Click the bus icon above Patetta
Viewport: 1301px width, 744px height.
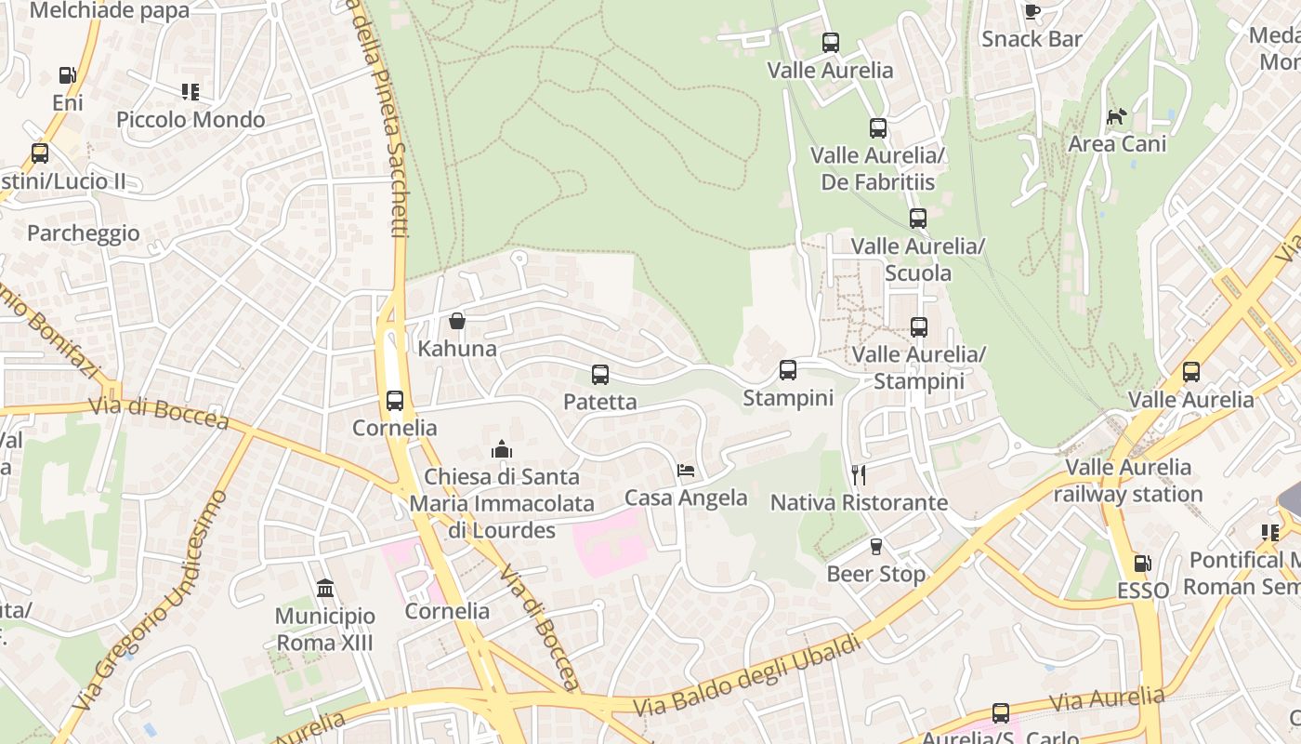(600, 375)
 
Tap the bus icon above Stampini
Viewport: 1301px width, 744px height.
(788, 370)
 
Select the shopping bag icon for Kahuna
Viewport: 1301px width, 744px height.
(457, 321)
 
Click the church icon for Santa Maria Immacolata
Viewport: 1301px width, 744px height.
(502, 450)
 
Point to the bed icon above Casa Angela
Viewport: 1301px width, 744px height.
(686, 471)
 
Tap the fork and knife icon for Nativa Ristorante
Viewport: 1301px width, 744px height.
(859, 475)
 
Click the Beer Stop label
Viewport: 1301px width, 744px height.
(875, 574)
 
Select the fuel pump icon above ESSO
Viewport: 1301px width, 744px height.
(1142, 564)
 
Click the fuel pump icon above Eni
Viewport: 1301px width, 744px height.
(67, 75)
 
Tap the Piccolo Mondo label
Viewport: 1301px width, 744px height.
(191, 120)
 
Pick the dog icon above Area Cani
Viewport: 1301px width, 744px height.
(1116, 117)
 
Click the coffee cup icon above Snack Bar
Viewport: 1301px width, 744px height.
(1032, 11)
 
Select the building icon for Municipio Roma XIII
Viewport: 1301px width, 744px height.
(325, 588)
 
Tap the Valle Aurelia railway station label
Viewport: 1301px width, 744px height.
(1128, 481)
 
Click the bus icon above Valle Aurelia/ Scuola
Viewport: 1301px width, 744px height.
(918, 219)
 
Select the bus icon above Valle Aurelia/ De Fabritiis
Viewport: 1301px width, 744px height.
(877, 128)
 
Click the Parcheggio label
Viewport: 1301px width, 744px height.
(84, 232)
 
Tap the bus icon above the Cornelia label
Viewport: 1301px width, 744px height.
(395, 401)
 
